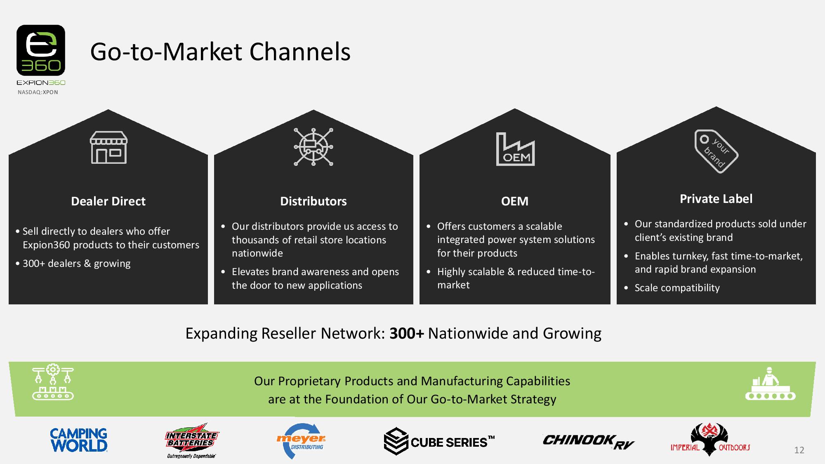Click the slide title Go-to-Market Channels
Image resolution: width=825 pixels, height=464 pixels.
click(220, 52)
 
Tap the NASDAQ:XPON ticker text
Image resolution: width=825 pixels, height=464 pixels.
click(38, 92)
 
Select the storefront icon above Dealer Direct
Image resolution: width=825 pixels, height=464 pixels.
click(108, 147)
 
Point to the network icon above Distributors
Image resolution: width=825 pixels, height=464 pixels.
click(313, 147)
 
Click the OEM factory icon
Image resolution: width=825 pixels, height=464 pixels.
click(515, 149)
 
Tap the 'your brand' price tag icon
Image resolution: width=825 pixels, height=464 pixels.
click(716, 151)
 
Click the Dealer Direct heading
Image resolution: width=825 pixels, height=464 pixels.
click(108, 201)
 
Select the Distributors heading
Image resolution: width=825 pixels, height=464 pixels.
click(313, 201)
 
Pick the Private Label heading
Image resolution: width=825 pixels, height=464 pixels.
click(716, 199)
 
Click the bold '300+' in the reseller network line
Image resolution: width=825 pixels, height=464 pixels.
click(406, 333)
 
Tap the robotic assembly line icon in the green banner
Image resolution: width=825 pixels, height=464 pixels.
click(53, 382)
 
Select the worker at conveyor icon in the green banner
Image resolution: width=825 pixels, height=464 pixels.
click(770, 384)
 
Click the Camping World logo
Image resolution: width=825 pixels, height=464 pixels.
click(79, 440)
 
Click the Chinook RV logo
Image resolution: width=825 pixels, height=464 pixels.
click(588, 442)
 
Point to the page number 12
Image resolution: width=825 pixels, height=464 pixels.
click(799, 450)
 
